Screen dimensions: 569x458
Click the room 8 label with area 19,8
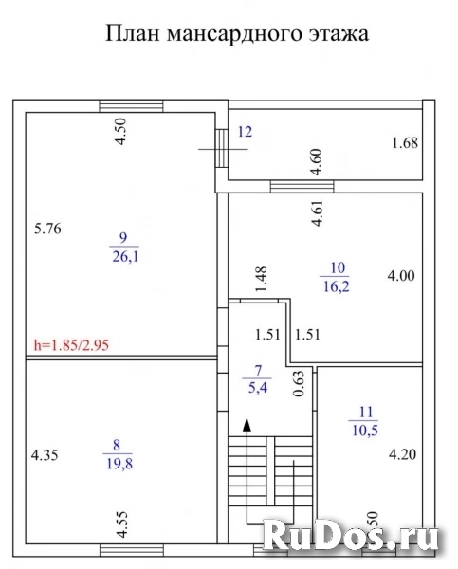tap(119, 455)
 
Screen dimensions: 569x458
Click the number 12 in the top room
tap(244, 133)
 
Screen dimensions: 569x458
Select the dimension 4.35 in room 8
tap(46, 454)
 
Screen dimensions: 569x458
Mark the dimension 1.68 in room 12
tap(405, 144)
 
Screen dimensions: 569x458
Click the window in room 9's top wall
tap(126, 106)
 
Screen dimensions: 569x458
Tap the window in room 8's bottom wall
tap(125, 549)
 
